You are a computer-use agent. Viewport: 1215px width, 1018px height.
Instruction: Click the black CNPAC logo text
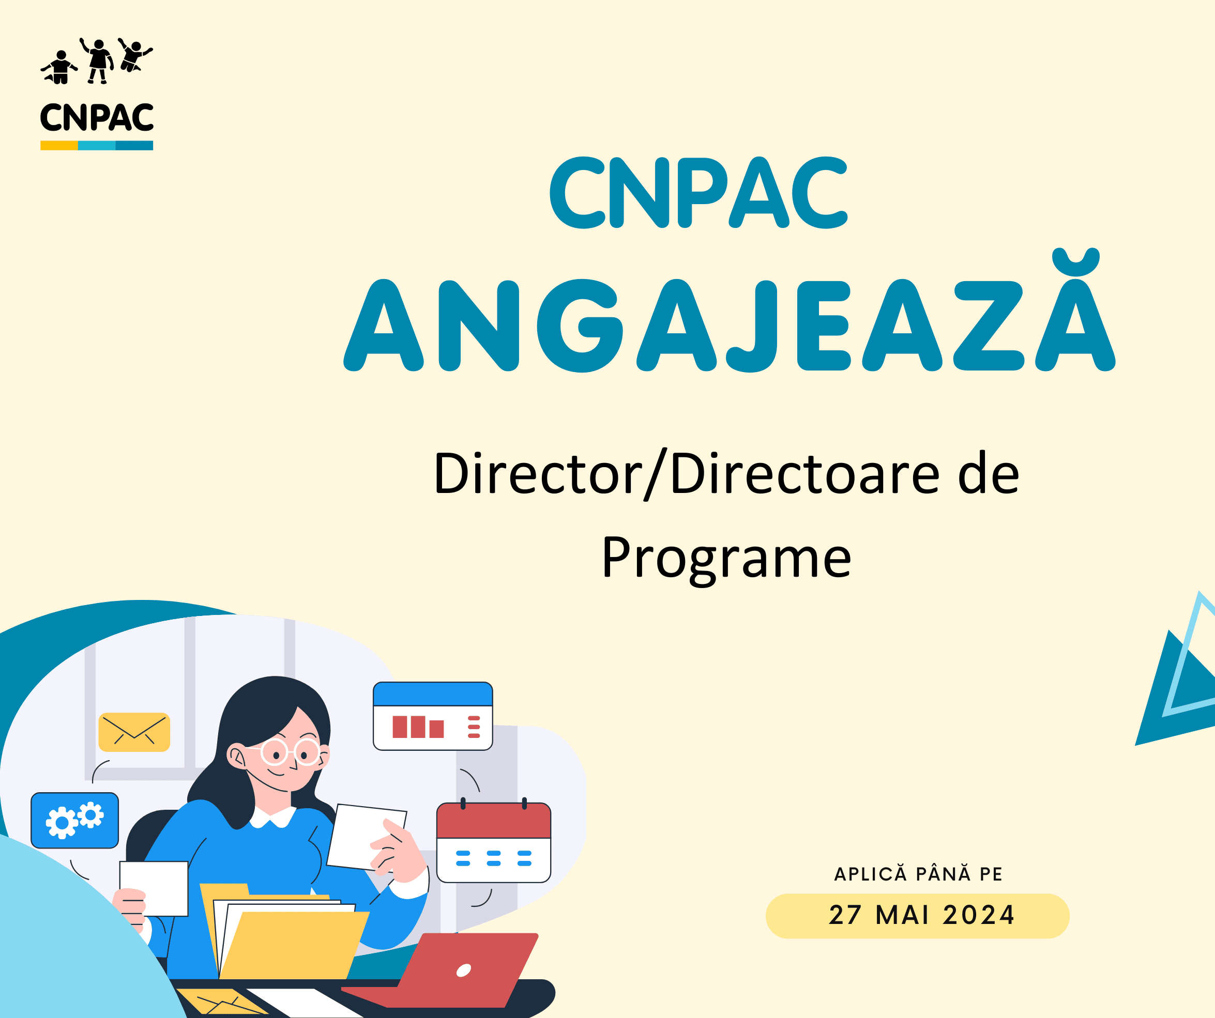[97, 117]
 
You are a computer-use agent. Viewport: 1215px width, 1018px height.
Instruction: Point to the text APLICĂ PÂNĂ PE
[918, 873]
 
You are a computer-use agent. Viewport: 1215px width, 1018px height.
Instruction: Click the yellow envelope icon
[134, 732]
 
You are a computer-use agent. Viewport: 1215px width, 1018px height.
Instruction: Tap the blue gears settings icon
[74, 820]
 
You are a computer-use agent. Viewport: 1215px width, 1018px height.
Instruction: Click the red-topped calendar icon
[494, 842]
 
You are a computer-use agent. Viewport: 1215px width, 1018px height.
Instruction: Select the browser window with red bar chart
[433, 716]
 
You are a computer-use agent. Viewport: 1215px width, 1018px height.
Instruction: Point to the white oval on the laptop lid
[463, 970]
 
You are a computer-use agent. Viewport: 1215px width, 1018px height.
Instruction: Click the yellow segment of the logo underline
[59, 146]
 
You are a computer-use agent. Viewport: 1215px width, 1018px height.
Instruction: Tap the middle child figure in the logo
[98, 61]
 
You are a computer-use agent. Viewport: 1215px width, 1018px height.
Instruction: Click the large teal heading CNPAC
[698, 193]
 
